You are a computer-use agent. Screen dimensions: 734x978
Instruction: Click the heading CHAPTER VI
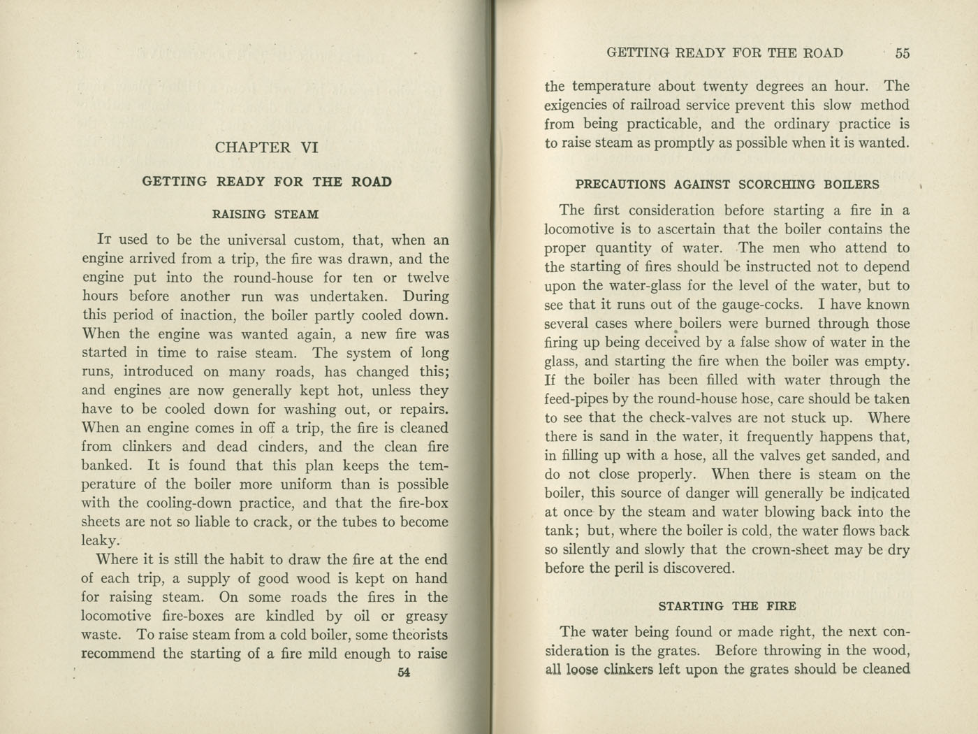266,147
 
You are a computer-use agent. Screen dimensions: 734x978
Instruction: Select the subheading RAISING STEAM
265,214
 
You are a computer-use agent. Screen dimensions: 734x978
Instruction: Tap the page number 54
403,672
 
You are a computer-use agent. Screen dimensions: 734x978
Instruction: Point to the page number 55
902,53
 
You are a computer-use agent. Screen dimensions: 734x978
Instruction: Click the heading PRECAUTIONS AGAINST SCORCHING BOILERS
727,185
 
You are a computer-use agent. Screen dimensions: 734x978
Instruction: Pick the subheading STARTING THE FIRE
727,606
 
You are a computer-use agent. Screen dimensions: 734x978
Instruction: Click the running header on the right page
724,53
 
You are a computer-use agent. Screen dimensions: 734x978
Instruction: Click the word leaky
101,541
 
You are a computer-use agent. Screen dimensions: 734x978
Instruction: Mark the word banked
105,466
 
